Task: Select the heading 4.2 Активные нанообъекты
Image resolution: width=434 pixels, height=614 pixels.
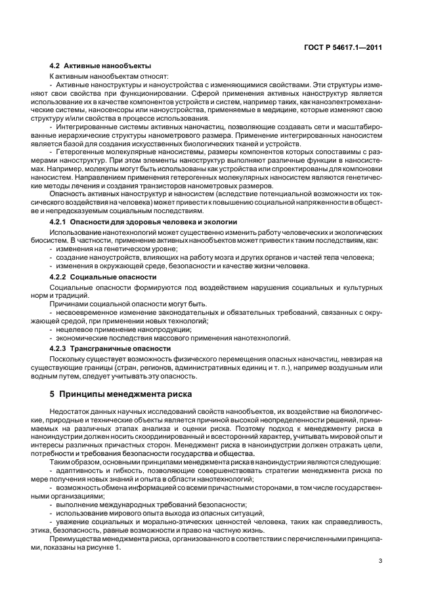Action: tap(100, 66)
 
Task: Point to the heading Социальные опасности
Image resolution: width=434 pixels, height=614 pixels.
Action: tap(105, 277)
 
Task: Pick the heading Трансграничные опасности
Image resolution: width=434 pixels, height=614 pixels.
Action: tap(120, 348)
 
